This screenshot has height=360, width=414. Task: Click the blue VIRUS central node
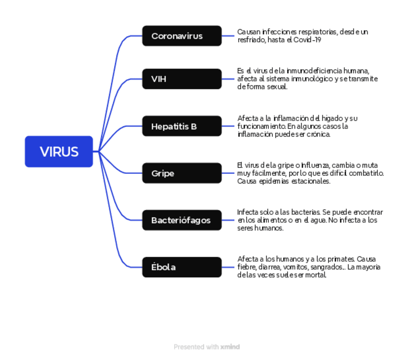click(x=59, y=151)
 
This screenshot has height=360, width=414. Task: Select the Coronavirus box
click(x=182, y=36)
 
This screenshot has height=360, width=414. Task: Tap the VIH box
click(x=182, y=79)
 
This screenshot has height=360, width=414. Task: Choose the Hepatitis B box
click(x=182, y=127)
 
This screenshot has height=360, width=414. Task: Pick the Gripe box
click(x=182, y=173)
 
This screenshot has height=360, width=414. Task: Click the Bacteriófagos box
click(x=182, y=220)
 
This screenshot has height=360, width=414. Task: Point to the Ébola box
click(x=182, y=267)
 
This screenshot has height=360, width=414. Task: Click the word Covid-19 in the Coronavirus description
click(x=307, y=40)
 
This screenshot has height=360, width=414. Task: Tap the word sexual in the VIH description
click(x=276, y=87)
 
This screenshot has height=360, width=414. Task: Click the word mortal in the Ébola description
click(x=315, y=275)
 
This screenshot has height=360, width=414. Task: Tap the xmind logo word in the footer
click(x=230, y=347)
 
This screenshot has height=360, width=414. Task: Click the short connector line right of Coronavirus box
click(x=228, y=36)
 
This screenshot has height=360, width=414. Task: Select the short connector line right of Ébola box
click(x=228, y=267)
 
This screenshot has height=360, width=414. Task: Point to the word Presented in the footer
click(x=189, y=347)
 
